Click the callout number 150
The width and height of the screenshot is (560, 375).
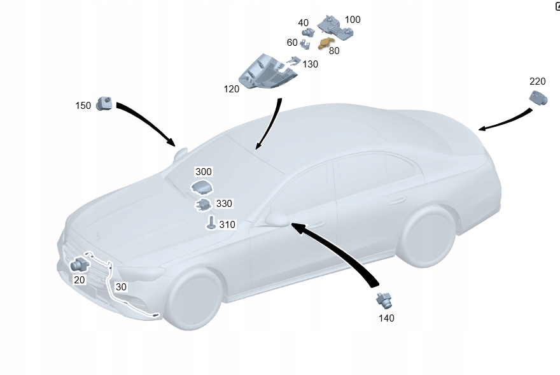83,106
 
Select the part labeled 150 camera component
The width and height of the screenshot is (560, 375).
104,103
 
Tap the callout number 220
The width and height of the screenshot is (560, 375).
538,81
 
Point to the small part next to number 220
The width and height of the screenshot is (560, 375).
538,98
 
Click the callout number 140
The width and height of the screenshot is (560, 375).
386,318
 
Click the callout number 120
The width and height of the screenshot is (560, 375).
232,89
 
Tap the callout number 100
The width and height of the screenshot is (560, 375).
353,20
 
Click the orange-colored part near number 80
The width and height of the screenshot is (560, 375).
327,43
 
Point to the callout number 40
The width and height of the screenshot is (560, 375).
304,23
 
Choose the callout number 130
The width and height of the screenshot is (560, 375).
311,64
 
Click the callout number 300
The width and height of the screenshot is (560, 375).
204,172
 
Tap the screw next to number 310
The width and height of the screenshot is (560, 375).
211,223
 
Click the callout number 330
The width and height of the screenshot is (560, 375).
224,204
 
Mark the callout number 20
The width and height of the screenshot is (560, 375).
80,279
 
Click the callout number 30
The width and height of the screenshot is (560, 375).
121,287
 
